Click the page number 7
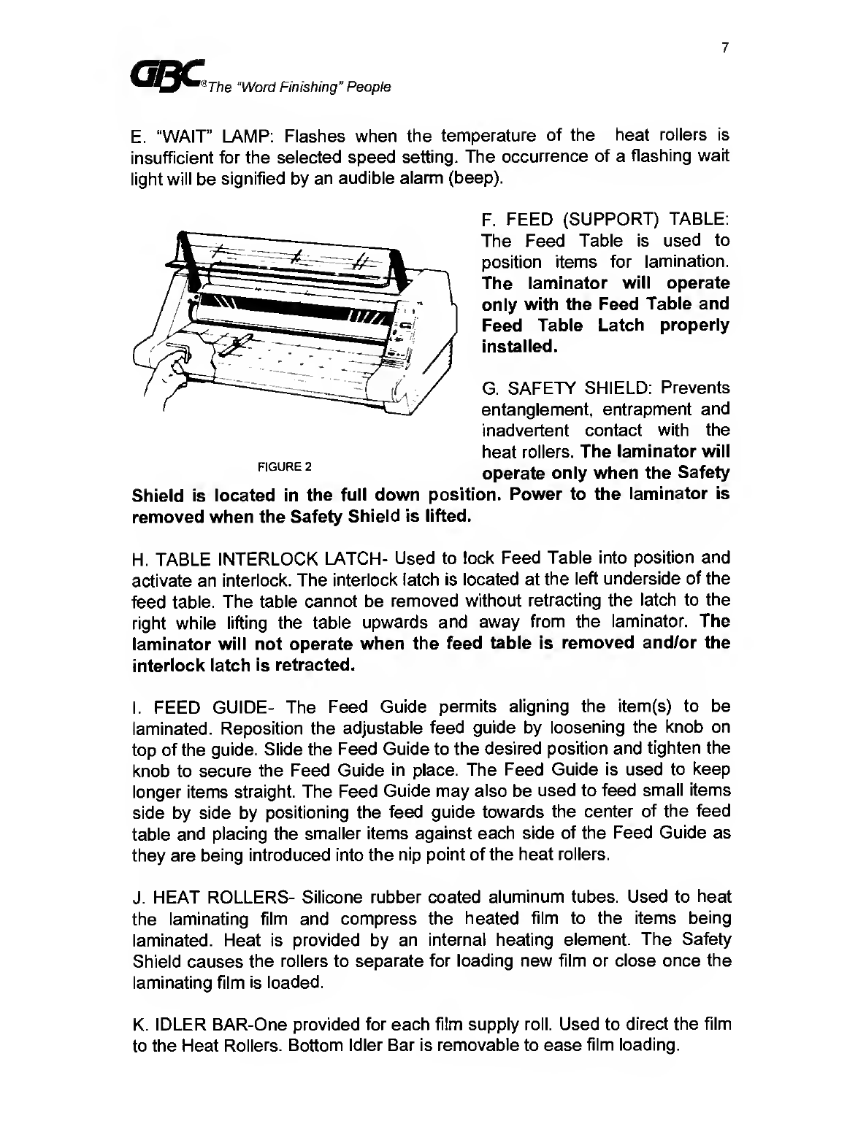[724, 48]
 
